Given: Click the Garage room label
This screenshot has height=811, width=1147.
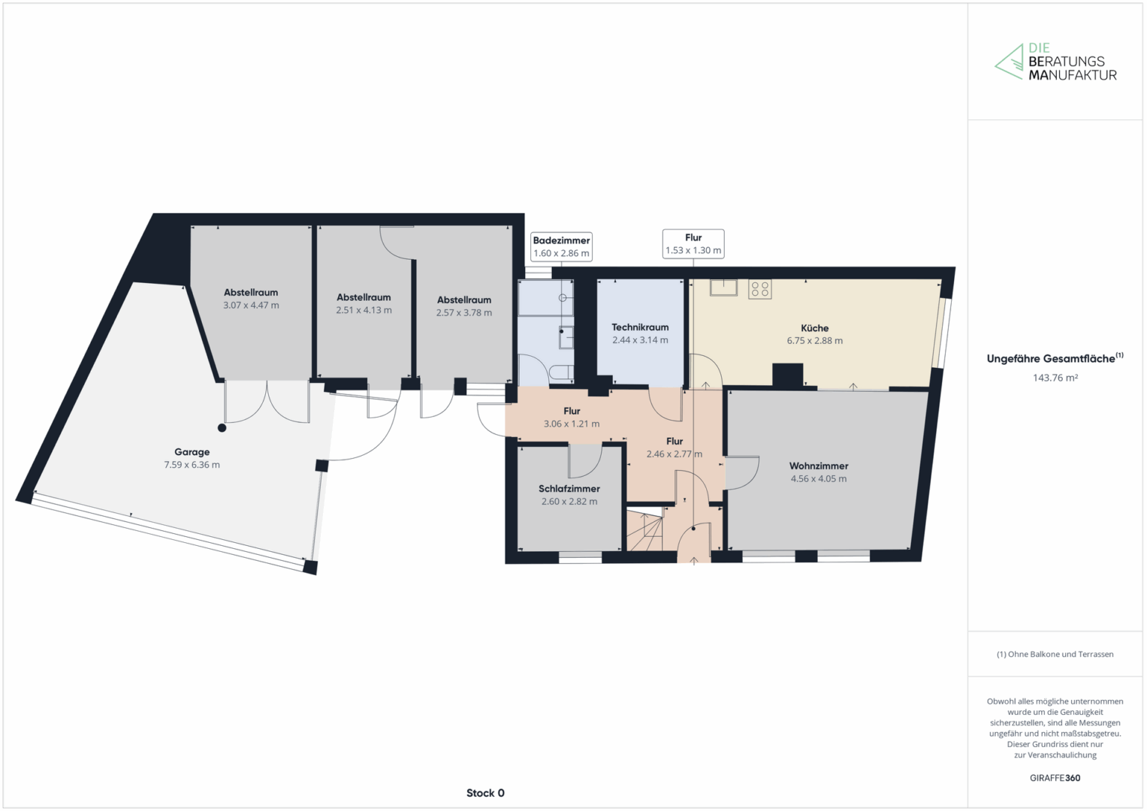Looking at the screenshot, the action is point(192,452).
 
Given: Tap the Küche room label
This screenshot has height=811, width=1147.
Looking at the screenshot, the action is point(815,328).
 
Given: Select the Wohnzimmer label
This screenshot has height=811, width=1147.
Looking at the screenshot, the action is point(819,466).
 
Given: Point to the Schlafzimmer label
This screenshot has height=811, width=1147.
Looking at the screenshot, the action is point(569,489).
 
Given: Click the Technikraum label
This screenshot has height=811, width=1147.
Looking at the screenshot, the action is point(640,327).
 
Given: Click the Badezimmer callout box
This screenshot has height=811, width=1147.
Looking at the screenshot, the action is point(561,247).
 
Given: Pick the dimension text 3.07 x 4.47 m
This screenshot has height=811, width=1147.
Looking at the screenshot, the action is point(251,306).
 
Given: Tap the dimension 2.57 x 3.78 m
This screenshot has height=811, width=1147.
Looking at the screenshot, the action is point(464,313).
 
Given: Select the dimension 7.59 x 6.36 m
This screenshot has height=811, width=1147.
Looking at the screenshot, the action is point(192,465).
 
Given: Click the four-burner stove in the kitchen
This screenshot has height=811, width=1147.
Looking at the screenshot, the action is point(760,289).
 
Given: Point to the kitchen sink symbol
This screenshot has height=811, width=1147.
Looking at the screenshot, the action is point(723,287).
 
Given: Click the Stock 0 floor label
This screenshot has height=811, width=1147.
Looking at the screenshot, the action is point(485,793).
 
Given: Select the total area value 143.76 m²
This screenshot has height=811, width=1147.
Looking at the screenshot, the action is point(1055,378).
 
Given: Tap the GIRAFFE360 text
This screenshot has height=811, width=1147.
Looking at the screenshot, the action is point(1055,778).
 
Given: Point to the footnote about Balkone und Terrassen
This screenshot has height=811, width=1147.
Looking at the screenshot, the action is point(1055,654).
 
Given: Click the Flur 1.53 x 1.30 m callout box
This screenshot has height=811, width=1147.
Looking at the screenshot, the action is point(693,244).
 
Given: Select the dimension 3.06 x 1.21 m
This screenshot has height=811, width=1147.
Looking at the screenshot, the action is point(572,424).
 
